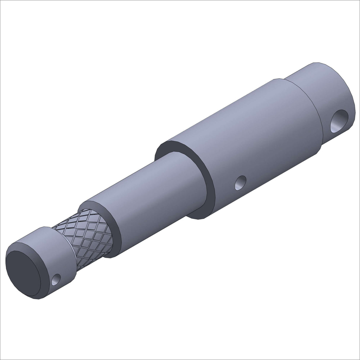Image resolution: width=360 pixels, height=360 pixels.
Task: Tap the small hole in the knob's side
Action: click(56, 279)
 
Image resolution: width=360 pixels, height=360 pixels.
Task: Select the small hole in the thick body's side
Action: click(240, 183)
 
